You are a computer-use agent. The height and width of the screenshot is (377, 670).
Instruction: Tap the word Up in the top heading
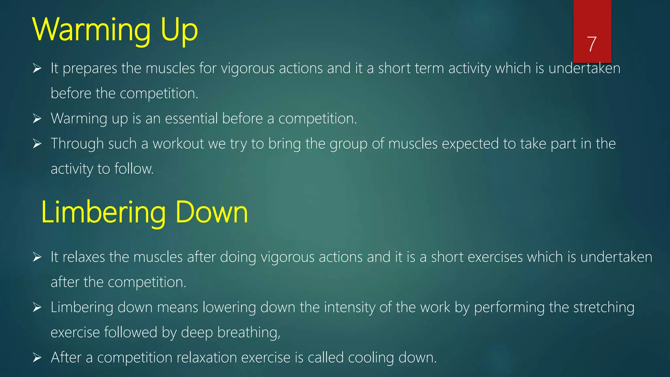click(x=179, y=30)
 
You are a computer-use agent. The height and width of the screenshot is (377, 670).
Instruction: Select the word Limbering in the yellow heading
click(x=103, y=213)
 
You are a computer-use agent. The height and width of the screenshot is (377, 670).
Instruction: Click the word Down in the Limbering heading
click(x=212, y=213)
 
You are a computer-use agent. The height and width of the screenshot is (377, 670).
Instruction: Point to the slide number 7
click(x=592, y=44)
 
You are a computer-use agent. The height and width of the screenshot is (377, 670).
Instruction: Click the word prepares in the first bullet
click(x=90, y=69)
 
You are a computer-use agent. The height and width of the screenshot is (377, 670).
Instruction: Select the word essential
click(x=191, y=118)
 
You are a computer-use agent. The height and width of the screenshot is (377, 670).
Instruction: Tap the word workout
click(x=178, y=144)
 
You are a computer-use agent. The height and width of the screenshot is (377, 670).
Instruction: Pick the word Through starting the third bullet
click(x=77, y=144)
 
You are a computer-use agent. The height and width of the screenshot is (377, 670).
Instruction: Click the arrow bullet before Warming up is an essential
click(x=37, y=118)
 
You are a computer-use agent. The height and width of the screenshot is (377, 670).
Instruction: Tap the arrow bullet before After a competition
click(x=37, y=358)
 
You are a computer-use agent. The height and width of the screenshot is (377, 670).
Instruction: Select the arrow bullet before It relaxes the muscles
click(x=37, y=257)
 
